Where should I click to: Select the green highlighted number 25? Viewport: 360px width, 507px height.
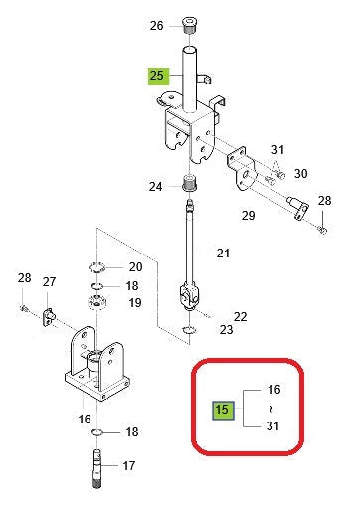(160, 76)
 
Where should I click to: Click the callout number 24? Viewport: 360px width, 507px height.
(157, 186)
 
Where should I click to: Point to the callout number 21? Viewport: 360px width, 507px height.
(223, 254)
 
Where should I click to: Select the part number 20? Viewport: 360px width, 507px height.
(136, 267)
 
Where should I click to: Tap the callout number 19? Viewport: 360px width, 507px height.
(136, 302)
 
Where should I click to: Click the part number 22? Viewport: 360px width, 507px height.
(240, 315)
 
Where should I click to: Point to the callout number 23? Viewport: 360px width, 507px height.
(226, 330)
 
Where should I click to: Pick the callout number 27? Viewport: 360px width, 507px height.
(49, 283)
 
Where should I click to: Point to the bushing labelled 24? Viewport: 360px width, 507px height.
(189, 185)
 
